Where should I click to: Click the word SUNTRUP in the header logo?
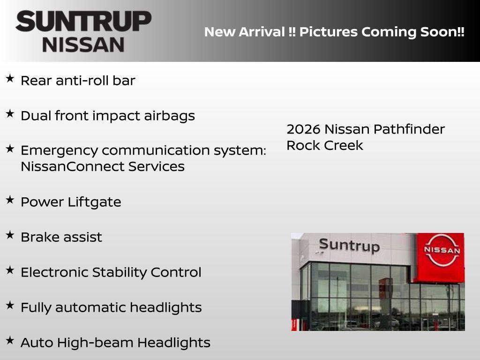(x=83, y=22)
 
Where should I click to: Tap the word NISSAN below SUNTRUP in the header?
(x=83, y=45)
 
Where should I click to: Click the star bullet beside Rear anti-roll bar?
(x=10, y=79)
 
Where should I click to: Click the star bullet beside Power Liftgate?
(x=10, y=200)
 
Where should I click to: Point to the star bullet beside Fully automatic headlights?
(x=10, y=306)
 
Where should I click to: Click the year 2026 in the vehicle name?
(x=303, y=129)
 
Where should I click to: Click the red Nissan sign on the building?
(x=442, y=257)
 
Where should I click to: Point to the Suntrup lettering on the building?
(x=349, y=245)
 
